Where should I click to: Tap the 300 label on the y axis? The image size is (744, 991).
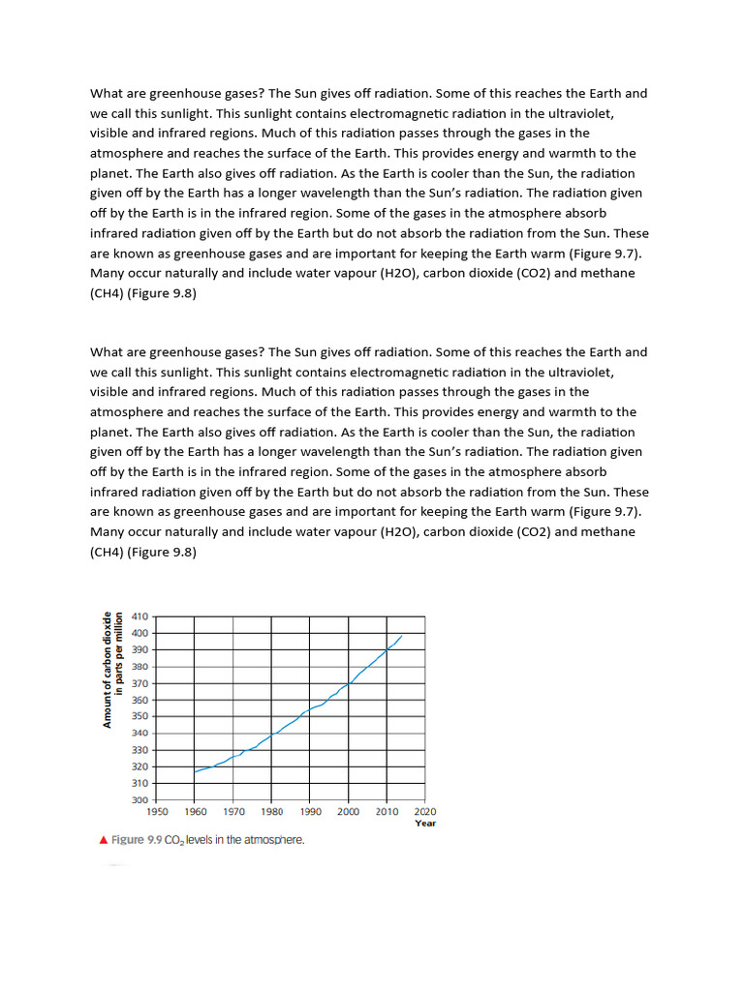pyautogui.click(x=139, y=800)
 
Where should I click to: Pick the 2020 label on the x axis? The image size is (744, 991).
pyautogui.click(x=424, y=812)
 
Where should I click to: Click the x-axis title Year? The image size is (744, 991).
pyautogui.click(x=425, y=824)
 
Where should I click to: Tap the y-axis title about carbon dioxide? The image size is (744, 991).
pyautogui.click(x=114, y=669)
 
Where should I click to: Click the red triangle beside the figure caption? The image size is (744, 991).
pyautogui.click(x=104, y=840)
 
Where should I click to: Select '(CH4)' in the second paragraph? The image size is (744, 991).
pyautogui.click(x=107, y=552)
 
